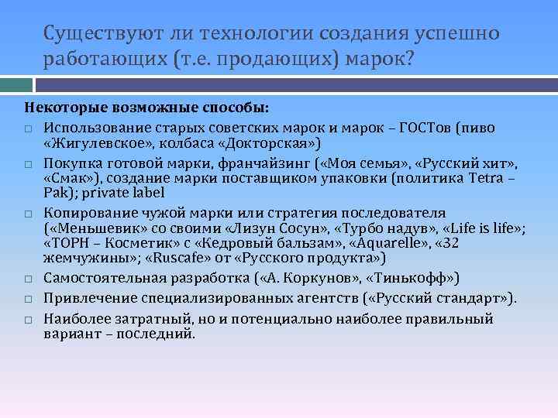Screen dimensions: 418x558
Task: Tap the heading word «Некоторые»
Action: (58, 105)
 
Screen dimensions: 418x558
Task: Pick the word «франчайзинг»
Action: (252, 163)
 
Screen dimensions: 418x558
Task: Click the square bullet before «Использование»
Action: (27, 128)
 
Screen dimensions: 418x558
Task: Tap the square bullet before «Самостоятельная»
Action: (27, 278)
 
